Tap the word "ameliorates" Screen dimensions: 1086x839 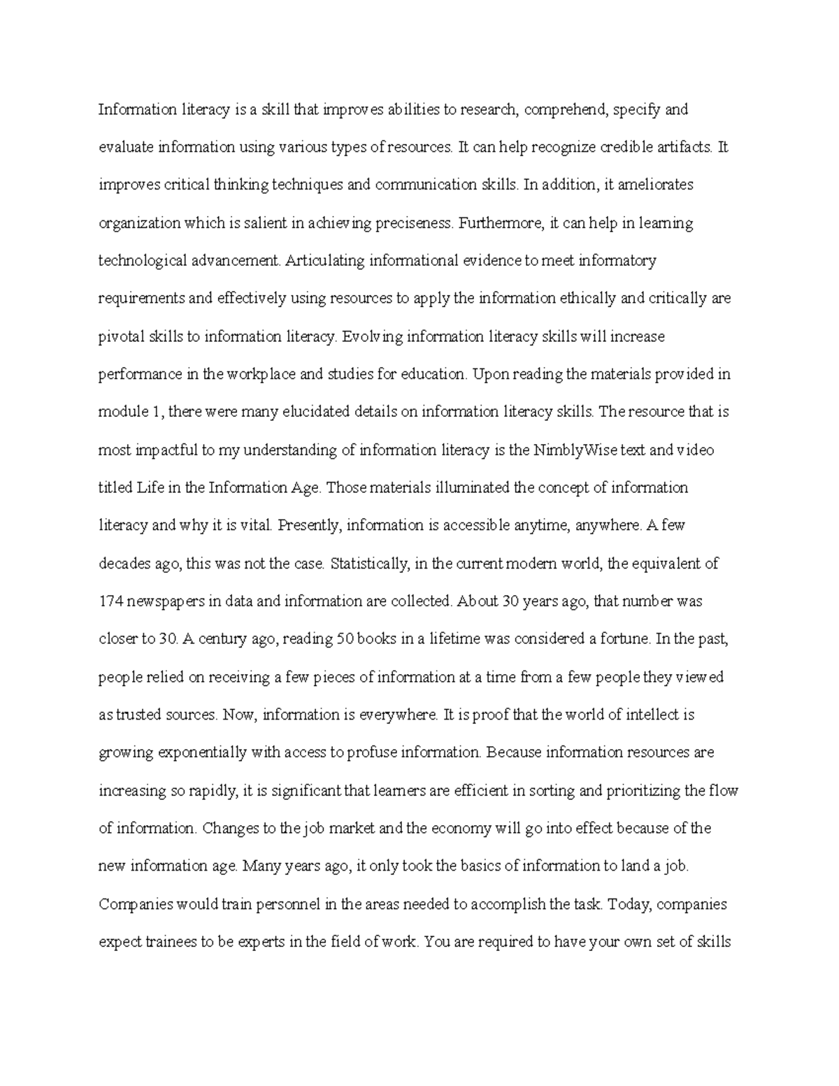pyautogui.click(x=659, y=185)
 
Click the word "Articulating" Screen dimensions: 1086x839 pyautogui.click(x=325, y=262)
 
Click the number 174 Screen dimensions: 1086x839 pyautogui.click(x=110, y=601)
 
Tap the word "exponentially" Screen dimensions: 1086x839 pyautogui.click(x=203, y=753)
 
